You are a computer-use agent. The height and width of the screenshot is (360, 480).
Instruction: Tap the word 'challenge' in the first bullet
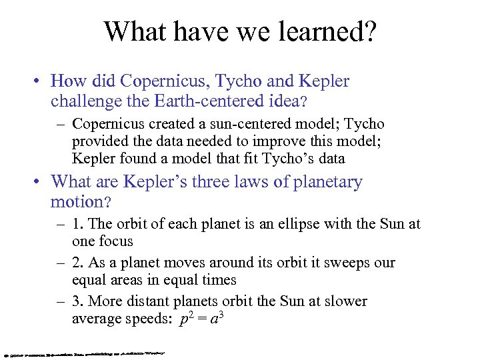[83, 101]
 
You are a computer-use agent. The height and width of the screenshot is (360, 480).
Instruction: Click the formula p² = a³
[201, 319]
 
